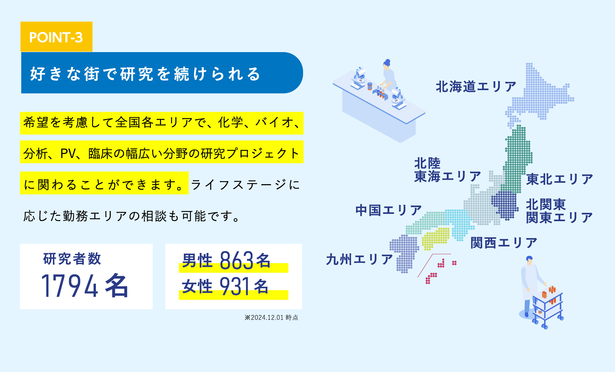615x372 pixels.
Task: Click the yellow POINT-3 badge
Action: (x=56, y=37)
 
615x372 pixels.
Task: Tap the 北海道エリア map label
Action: (x=476, y=86)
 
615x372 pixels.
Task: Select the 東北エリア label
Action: (x=559, y=179)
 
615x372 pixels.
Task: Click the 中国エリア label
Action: (x=389, y=210)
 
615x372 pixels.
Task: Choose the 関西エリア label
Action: (x=504, y=243)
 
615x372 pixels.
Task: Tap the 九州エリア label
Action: (x=359, y=259)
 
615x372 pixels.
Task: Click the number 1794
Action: (x=70, y=286)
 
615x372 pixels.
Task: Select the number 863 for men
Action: (x=236, y=260)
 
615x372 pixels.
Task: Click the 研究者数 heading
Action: (x=72, y=259)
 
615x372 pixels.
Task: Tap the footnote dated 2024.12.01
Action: (x=271, y=318)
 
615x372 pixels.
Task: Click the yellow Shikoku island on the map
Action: (x=435, y=239)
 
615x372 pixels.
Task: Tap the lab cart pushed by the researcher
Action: (x=547, y=307)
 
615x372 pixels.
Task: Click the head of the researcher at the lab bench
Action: (x=387, y=63)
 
